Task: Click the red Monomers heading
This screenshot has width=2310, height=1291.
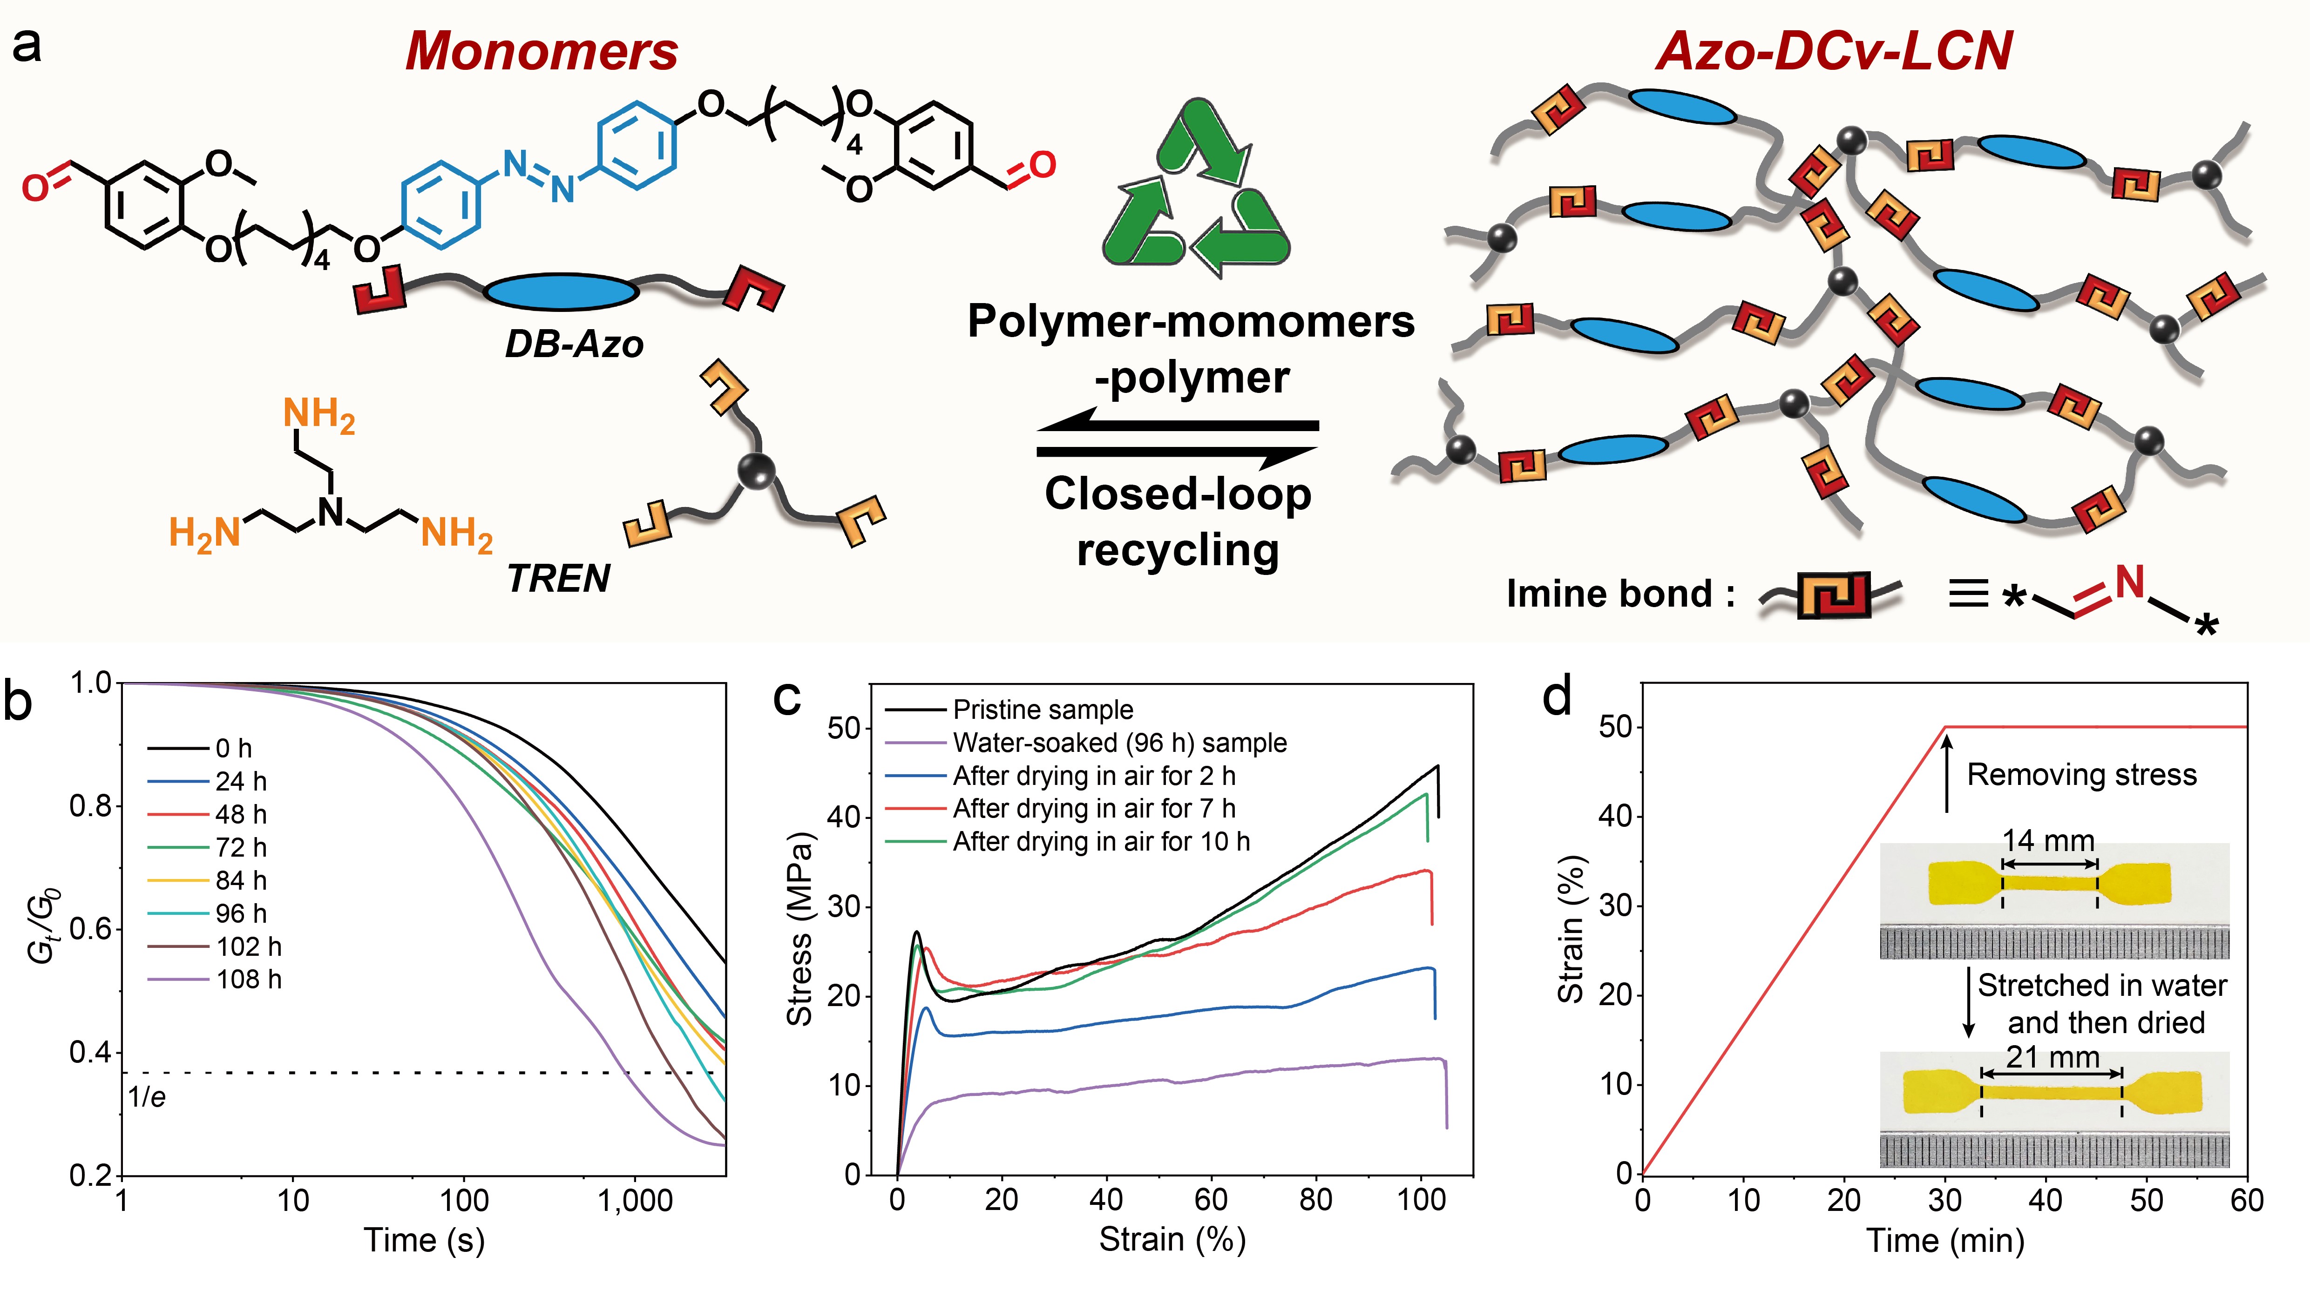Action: click(x=542, y=51)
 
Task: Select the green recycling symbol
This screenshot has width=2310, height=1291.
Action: click(x=1195, y=188)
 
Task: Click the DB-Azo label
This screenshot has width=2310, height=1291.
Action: click(x=574, y=344)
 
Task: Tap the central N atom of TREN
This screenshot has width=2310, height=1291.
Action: click(x=331, y=512)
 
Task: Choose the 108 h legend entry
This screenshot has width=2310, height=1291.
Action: click(x=248, y=979)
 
